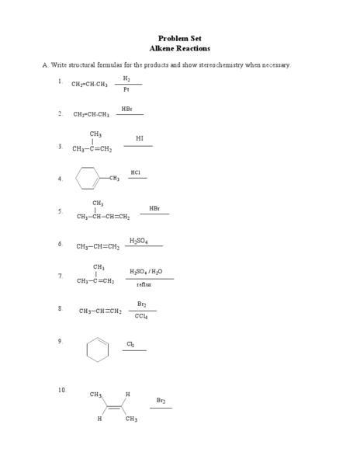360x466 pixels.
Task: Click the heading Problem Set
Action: coord(180,38)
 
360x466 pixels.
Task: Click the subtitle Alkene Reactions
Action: coord(180,48)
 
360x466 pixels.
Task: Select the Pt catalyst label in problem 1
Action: coord(126,89)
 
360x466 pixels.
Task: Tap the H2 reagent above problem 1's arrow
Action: coord(126,78)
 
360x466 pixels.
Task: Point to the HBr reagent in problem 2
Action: coord(127,109)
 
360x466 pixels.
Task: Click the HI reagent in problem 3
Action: coord(140,138)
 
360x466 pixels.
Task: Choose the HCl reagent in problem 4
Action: coord(136,172)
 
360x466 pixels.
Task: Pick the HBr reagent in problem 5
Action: coord(154,208)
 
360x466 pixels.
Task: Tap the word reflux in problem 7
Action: coord(144,285)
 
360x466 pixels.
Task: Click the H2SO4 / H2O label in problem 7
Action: coord(146,272)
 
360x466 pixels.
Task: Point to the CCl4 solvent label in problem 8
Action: coord(141,316)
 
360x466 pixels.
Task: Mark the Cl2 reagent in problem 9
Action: coord(130,343)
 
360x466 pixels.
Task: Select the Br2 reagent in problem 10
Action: coord(161,400)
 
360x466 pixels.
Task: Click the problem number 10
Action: coord(62,389)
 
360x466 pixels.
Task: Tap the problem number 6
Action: coord(60,244)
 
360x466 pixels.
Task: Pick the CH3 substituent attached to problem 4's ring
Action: coord(114,179)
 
